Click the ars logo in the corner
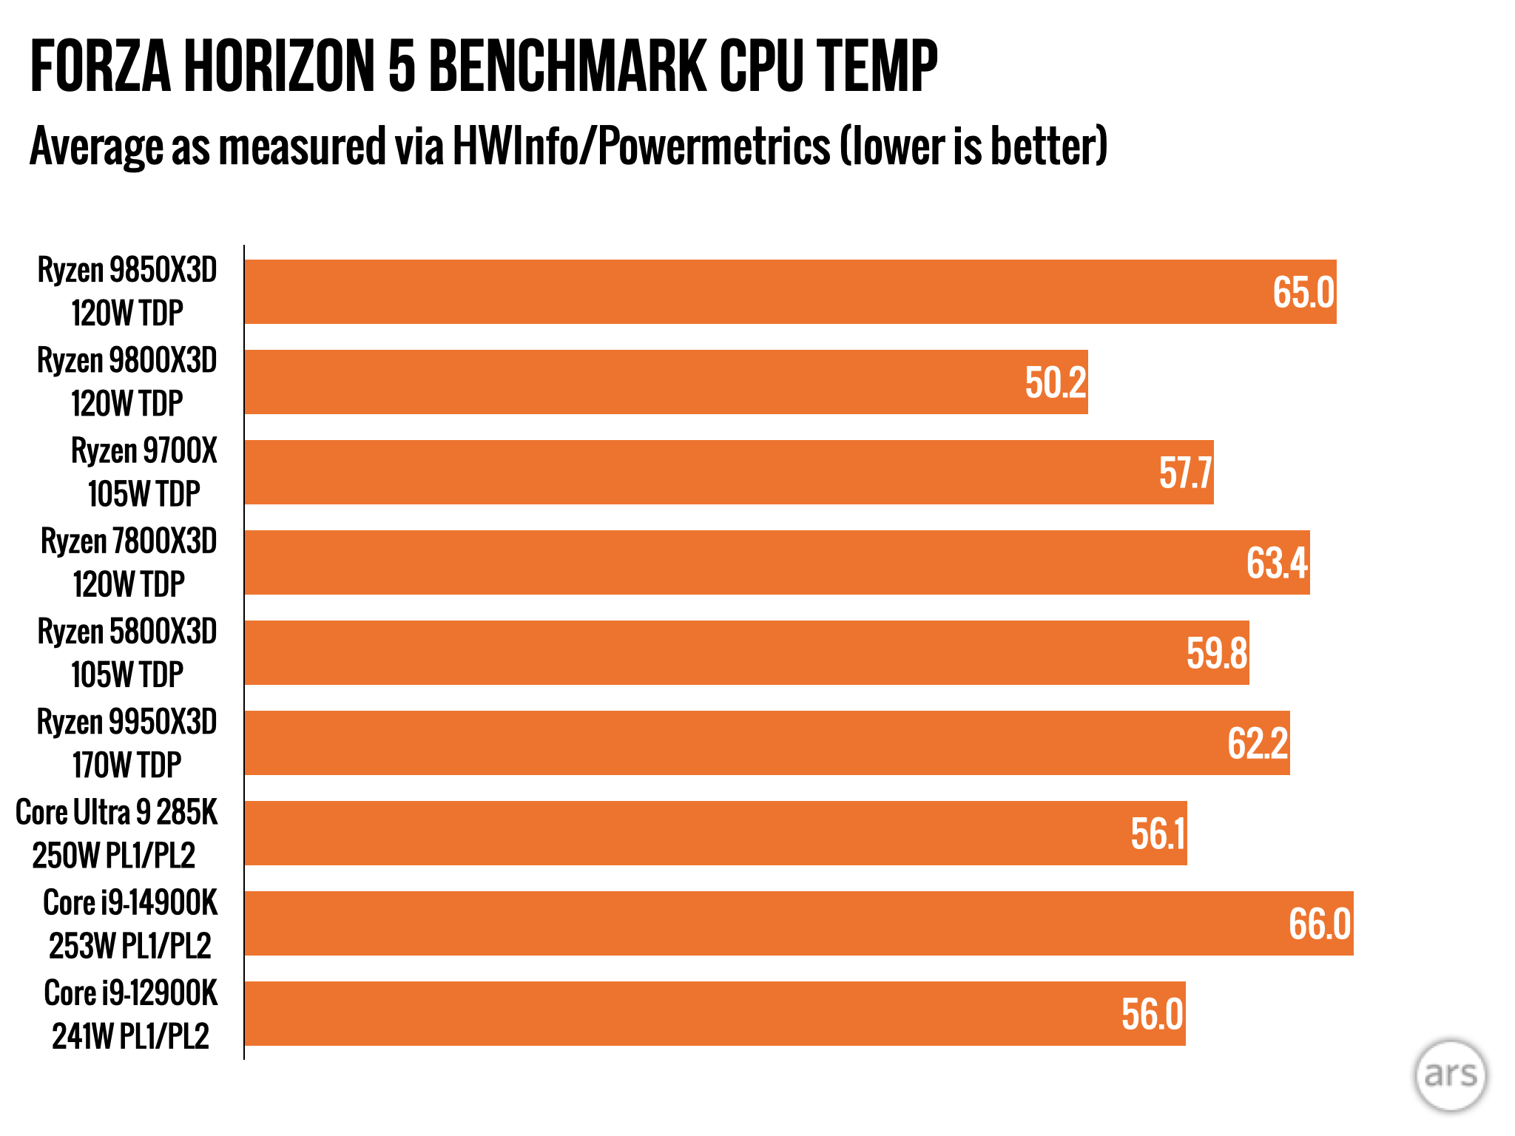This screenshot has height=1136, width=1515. click(1450, 1075)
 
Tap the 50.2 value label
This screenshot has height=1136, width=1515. click(1056, 382)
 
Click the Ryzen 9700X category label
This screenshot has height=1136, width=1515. click(144, 451)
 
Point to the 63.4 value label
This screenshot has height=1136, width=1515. click(1277, 563)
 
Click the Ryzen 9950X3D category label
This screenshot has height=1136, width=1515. click(127, 723)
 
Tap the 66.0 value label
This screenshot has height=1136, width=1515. click(1320, 924)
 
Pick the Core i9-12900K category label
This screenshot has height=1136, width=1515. click(131, 993)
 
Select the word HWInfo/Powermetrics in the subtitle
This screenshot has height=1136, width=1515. click(641, 146)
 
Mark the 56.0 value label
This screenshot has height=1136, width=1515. click(1153, 1014)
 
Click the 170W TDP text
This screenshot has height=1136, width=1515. click(127, 765)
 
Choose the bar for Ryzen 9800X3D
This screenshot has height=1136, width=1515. click(666, 382)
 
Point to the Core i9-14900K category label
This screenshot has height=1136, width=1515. click(131, 903)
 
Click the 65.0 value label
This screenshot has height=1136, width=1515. click(1303, 292)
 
